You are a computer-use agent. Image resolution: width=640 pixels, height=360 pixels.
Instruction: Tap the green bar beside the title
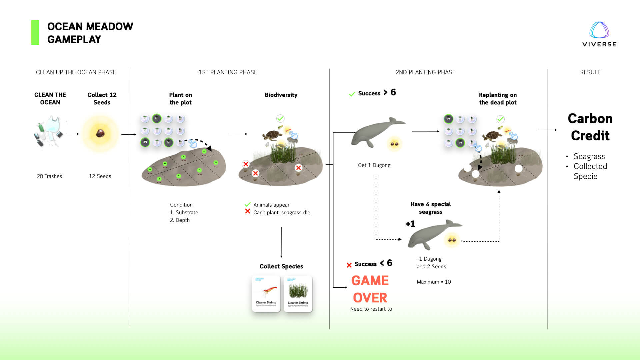pos(35,32)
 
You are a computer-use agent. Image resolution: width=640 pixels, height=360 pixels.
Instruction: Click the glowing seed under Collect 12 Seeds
pos(100,133)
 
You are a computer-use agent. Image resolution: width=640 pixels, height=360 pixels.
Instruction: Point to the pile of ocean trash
pos(49,132)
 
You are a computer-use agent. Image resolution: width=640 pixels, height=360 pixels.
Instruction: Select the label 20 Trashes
pos(49,176)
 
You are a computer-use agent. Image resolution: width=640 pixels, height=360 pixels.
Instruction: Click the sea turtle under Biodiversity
pos(272,135)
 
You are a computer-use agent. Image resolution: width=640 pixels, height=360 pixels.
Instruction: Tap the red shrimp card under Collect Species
pos(266,294)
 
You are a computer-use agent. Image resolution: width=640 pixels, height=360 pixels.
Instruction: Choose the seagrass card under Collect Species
pos(298,294)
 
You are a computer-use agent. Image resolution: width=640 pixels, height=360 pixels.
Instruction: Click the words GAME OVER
pos(370,289)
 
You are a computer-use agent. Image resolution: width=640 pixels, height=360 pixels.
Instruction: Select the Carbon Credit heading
pos(590,127)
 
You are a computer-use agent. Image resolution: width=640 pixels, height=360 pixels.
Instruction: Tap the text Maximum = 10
pos(434,282)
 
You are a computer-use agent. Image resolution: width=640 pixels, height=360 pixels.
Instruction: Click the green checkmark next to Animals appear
pos(248,204)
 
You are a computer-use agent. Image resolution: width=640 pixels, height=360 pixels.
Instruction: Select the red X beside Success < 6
pos(349,265)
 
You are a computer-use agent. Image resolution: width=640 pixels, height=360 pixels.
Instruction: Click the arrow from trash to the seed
pos(72,134)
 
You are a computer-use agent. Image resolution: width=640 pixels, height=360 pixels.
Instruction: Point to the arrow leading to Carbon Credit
pos(547,130)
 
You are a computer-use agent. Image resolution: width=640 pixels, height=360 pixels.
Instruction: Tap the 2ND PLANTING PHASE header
pos(425,72)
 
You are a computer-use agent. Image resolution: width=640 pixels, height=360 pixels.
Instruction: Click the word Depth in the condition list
pos(182,220)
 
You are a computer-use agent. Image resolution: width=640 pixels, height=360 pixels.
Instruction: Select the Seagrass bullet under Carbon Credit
pos(589,156)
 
